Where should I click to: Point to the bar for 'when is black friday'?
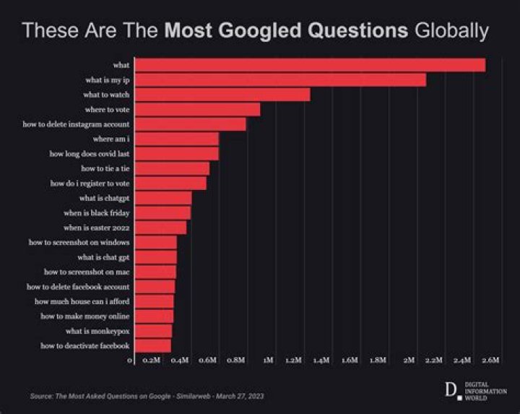pyautogui.click(x=162, y=212)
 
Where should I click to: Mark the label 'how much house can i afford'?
pyautogui.click(x=82, y=301)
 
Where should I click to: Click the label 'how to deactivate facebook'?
pyautogui.click(x=84, y=346)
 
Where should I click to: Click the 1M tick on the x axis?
pyautogui.click(x=268, y=359)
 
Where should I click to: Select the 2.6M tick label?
pyautogui.click(x=490, y=359)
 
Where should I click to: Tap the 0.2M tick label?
pyautogui.click(x=152, y=359)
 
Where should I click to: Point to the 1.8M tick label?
pyautogui.click(x=376, y=359)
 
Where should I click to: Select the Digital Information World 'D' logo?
pyautogui.click(x=451, y=390)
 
